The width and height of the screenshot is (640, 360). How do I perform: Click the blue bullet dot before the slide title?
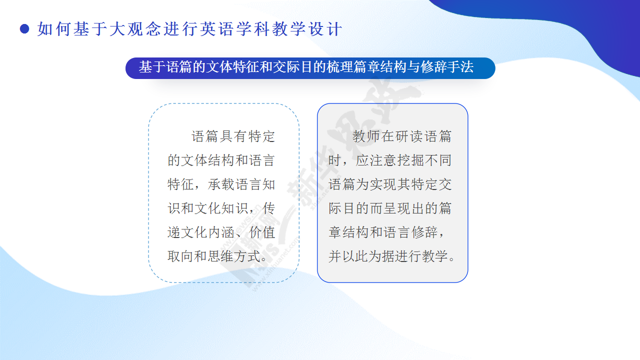pyautogui.click(x=24, y=29)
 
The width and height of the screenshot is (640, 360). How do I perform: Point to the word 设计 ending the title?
pyautogui.click(x=325, y=29)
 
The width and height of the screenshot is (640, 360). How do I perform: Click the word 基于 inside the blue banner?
pyautogui.click(x=152, y=67)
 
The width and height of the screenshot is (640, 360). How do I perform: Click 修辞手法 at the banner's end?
pyautogui.click(x=447, y=67)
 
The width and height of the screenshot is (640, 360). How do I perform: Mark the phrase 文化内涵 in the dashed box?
pyautogui.click(x=207, y=232)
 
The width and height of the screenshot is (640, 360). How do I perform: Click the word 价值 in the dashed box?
pyautogui.click(x=262, y=232)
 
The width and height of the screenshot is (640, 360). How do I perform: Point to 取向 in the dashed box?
pyautogui.click(x=180, y=256)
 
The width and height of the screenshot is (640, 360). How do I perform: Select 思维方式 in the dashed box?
pyautogui.click(x=234, y=256)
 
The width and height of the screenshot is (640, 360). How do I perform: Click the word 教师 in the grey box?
pyautogui.click(x=366, y=136)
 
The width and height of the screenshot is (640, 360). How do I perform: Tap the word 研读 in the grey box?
pyautogui.click(x=409, y=136)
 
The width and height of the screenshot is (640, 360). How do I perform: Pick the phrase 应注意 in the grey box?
pyautogui.click(x=376, y=160)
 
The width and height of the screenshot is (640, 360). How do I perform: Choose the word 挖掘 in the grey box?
pyautogui.click(x=410, y=160)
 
